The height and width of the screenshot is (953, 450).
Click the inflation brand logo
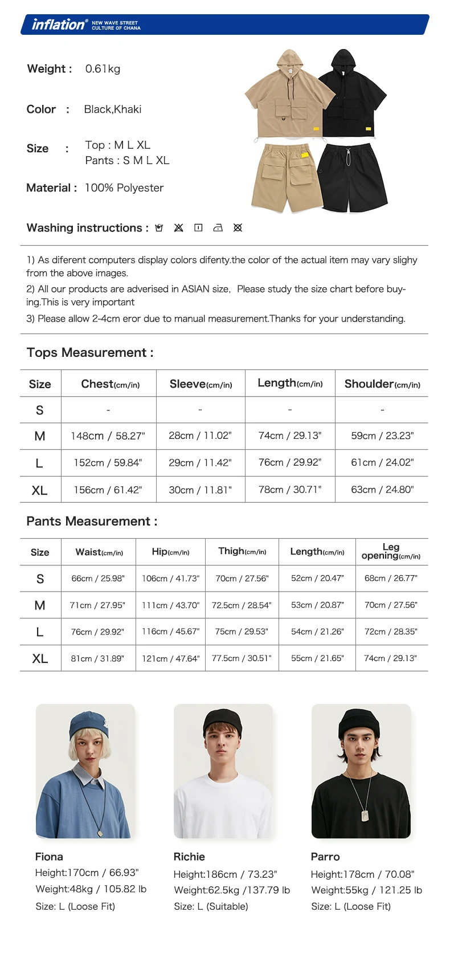pyautogui.click(x=59, y=25)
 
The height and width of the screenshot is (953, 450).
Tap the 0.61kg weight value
pyautogui.click(x=103, y=69)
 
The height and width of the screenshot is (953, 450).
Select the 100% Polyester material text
pyautogui.click(x=124, y=188)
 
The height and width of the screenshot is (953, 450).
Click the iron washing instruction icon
pyautogui.click(x=218, y=228)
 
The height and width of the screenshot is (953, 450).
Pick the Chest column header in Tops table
pyautogui.click(x=110, y=384)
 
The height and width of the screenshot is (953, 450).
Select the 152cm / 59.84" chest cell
pyautogui.click(x=108, y=463)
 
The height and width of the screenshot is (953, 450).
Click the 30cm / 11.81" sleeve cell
pyautogui.click(x=200, y=490)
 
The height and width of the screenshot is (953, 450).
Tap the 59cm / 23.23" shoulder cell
pyautogui.click(x=382, y=436)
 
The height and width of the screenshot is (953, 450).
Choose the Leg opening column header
pyautogui.click(x=391, y=551)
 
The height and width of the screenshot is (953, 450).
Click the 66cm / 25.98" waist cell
pyautogui.click(x=98, y=579)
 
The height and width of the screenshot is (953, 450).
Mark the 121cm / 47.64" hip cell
pyautogui.click(x=170, y=658)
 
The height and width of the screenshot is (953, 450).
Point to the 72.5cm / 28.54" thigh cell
pyautogui.click(x=242, y=605)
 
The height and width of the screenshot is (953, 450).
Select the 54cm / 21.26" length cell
pyautogui.click(x=317, y=632)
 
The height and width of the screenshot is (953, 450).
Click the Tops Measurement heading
pyautogui.click(x=90, y=353)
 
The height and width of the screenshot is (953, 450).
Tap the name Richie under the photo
pyautogui.click(x=189, y=857)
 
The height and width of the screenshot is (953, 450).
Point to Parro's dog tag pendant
pyautogui.click(x=365, y=816)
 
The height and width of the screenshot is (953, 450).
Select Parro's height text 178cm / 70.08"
pyautogui.click(x=362, y=874)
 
